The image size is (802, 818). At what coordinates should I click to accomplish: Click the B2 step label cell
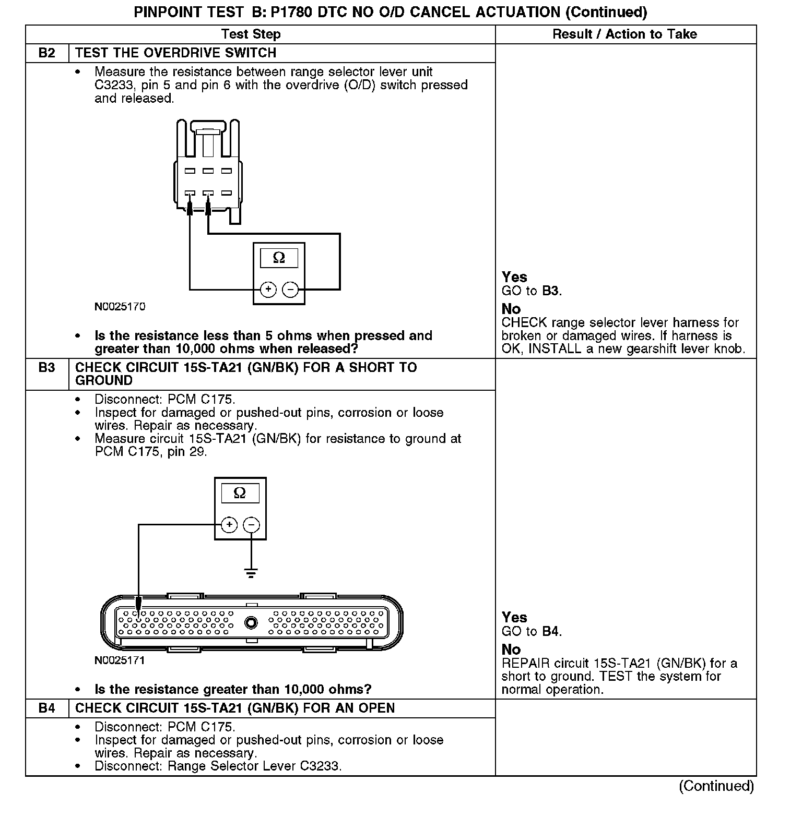point(47,53)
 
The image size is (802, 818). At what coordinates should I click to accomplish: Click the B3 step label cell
point(47,368)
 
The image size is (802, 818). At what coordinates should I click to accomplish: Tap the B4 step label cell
point(47,708)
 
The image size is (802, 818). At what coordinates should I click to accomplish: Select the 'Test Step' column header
point(251,34)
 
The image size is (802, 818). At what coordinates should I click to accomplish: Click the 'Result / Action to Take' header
point(624,34)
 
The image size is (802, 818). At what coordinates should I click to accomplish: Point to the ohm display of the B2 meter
point(279,258)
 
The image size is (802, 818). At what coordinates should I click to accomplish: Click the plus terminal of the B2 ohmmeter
point(268,290)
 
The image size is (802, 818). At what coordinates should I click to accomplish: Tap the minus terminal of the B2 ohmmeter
point(290,290)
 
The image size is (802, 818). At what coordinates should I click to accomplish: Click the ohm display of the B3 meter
point(240,493)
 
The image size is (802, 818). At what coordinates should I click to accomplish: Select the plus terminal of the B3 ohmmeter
point(229,524)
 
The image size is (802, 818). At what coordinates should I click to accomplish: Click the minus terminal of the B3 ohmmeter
point(252,524)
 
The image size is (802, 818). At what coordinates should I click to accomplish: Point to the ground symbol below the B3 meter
point(251,573)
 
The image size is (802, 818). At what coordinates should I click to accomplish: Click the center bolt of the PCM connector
point(252,623)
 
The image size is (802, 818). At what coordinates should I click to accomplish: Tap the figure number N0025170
point(120,307)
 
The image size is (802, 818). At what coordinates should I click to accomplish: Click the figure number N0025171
point(120,660)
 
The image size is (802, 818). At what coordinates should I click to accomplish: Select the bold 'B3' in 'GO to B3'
point(550,291)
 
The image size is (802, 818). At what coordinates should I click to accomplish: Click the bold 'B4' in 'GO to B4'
point(550,632)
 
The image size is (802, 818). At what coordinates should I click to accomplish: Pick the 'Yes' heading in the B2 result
point(514,277)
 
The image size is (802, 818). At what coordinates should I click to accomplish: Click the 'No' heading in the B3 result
point(511,649)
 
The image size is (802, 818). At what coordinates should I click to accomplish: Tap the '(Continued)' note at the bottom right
point(716,786)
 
